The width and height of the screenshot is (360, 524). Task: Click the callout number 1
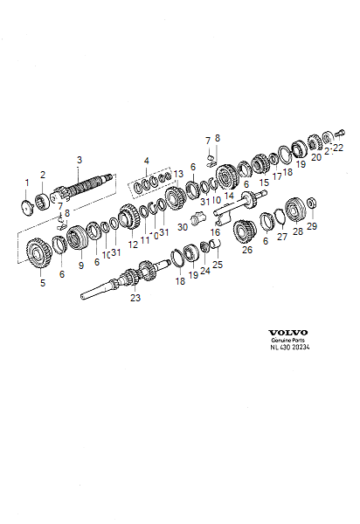click(x=27, y=183)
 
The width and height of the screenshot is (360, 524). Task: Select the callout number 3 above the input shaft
click(x=80, y=160)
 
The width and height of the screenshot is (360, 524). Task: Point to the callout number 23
click(x=135, y=298)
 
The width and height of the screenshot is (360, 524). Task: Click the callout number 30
click(x=183, y=227)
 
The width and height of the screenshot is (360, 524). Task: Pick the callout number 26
click(x=246, y=249)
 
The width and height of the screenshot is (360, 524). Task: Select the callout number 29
click(x=312, y=225)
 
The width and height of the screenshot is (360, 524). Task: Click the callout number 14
click(x=229, y=196)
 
